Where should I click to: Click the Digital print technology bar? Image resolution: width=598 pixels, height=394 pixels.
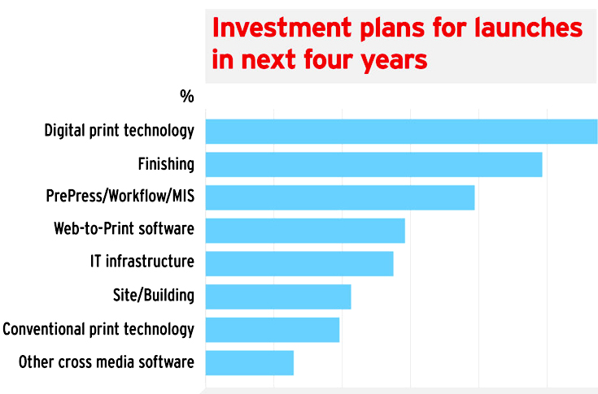(x=401, y=132)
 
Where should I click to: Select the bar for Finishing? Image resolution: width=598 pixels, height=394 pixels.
(x=373, y=164)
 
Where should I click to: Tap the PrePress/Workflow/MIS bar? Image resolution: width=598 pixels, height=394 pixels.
(x=339, y=197)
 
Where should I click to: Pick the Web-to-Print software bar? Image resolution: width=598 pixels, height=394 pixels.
(x=305, y=231)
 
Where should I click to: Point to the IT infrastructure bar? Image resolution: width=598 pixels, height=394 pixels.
(x=299, y=263)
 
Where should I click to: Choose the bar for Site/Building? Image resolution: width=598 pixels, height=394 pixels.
(x=278, y=297)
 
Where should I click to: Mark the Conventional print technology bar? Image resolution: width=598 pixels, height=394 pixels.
(x=273, y=330)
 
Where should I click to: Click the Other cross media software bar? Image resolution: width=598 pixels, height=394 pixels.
(x=250, y=362)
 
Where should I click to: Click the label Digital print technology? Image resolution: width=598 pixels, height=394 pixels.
(x=119, y=131)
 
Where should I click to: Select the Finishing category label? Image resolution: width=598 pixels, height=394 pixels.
(x=166, y=164)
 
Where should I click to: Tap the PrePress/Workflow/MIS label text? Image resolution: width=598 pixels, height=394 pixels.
(x=120, y=197)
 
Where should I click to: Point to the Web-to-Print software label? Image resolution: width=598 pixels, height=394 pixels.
(x=124, y=229)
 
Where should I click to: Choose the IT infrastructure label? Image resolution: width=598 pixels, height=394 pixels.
(x=142, y=262)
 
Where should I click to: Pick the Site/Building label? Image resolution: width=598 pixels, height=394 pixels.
(x=154, y=295)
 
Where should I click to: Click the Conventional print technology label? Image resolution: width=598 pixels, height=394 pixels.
(x=98, y=329)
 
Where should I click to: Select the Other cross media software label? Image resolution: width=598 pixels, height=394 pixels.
(x=107, y=362)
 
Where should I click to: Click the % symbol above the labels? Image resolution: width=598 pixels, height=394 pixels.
(x=187, y=97)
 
